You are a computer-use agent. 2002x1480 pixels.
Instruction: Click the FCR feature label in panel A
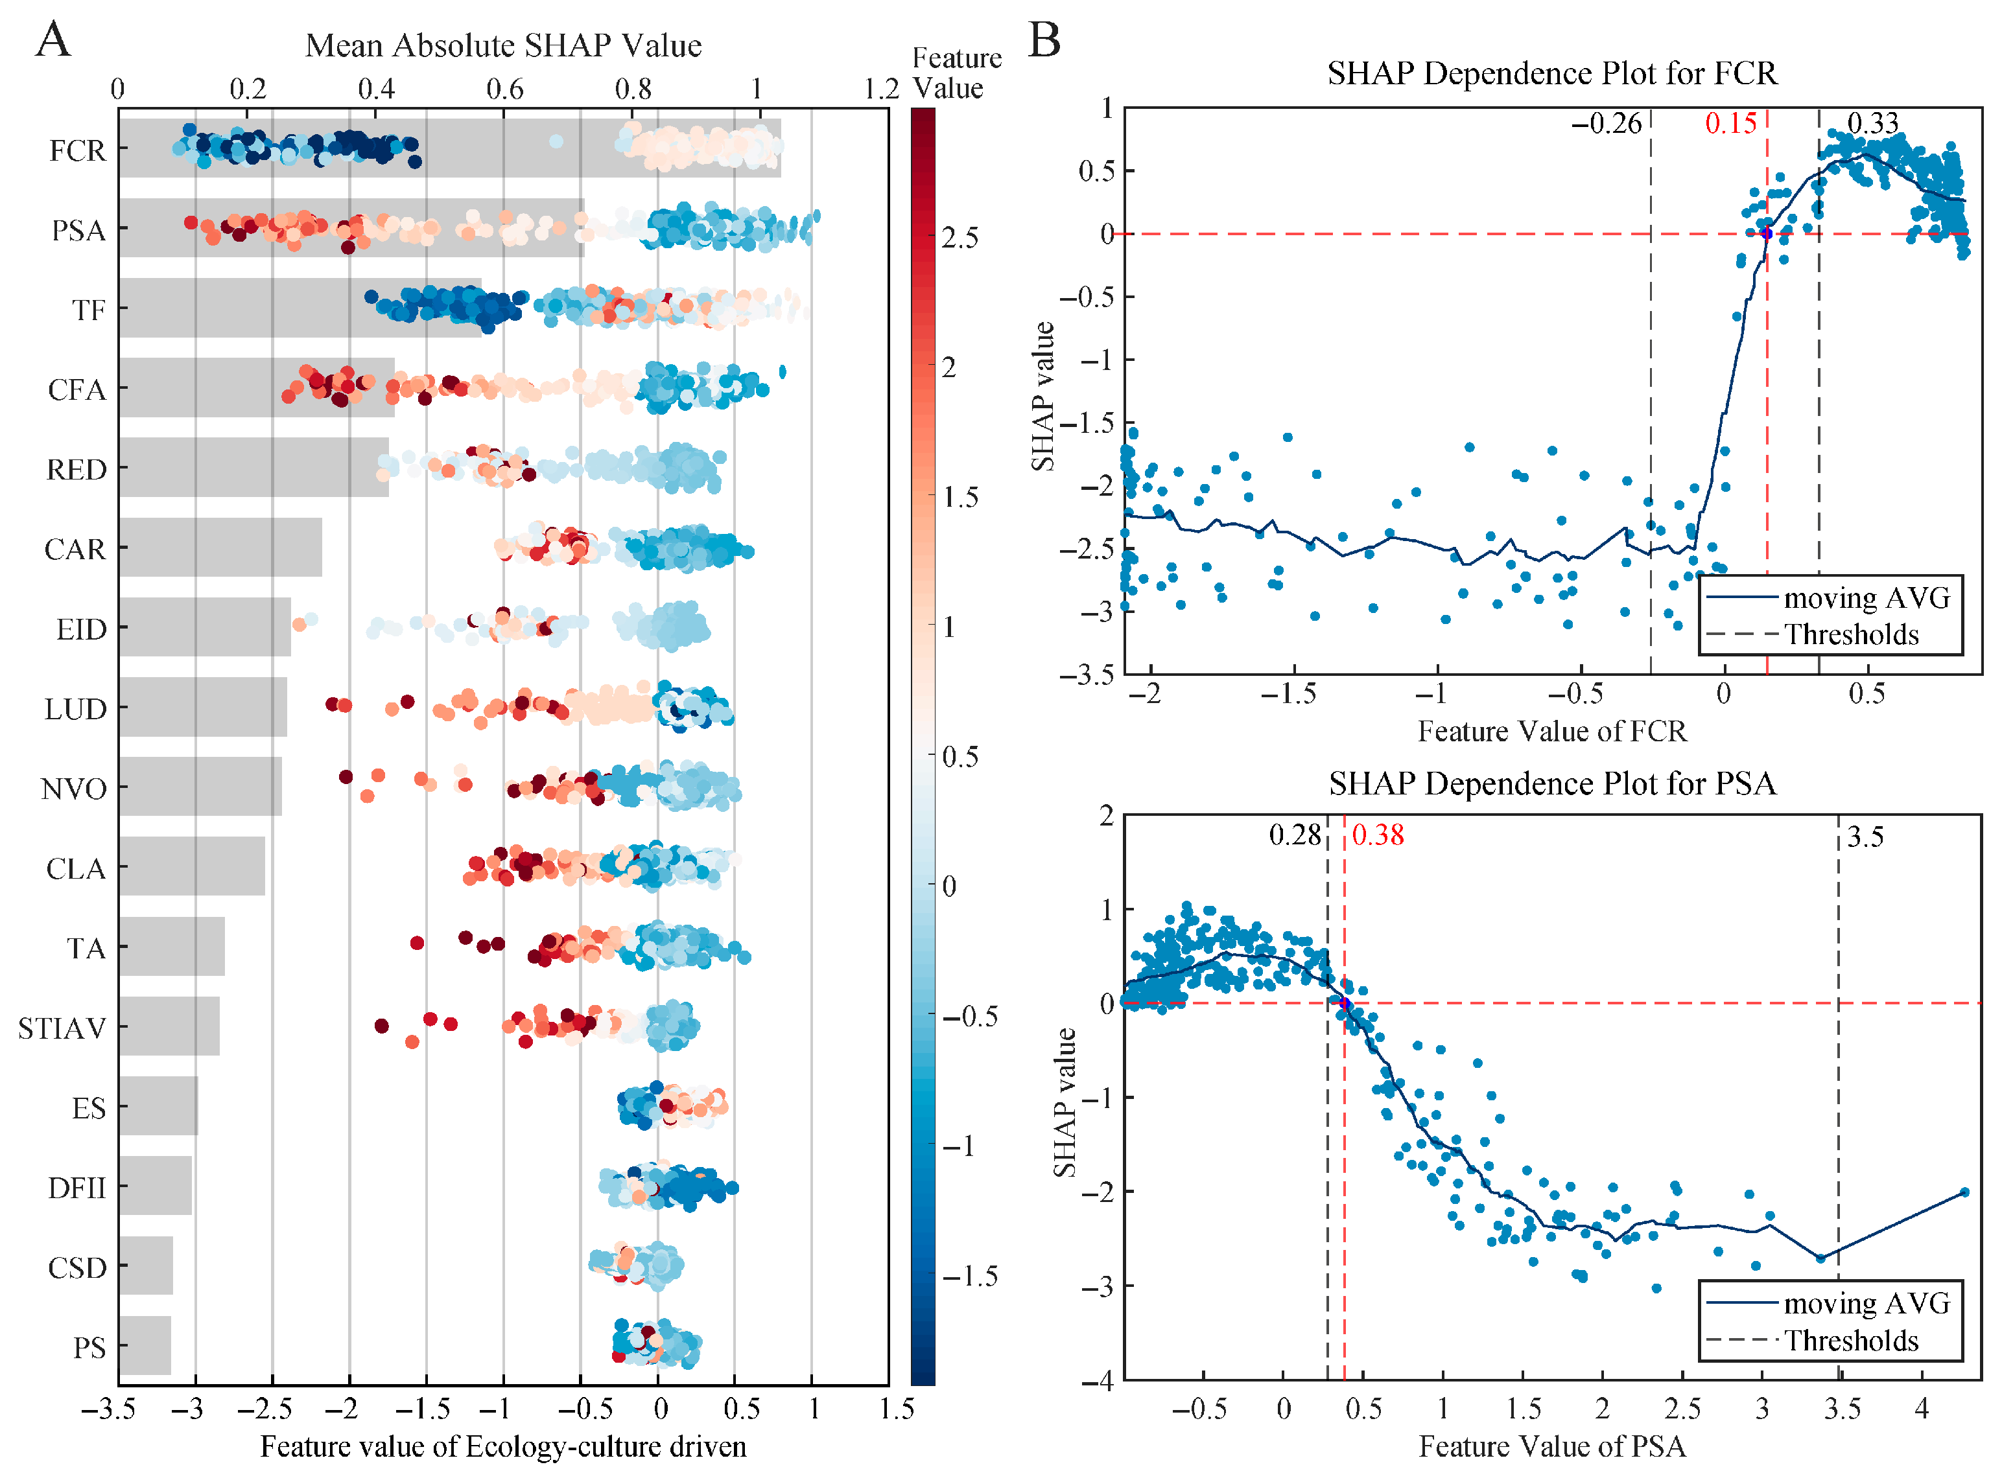(x=77, y=150)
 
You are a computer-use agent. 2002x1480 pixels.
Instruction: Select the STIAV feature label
(x=62, y=1028)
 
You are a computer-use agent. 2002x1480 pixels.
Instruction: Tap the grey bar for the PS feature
(x=145, y=1346)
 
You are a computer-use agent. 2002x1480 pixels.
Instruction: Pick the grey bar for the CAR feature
(x=220, y=548)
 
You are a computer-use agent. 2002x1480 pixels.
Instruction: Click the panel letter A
(x=54, y=40)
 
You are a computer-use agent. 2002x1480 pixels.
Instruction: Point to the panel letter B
(x=1044, y=40)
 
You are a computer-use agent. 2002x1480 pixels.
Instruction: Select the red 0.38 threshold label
(x=1378, y=835)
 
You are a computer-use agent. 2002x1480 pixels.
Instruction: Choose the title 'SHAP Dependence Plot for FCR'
(x=1551, y=73)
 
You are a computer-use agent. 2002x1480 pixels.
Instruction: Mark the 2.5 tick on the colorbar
(x=960, y=237)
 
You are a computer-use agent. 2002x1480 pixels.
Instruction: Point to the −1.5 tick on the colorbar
(x=970, y=1276)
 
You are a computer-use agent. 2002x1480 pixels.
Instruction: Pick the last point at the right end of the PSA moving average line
(x=1964, y=1192)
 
